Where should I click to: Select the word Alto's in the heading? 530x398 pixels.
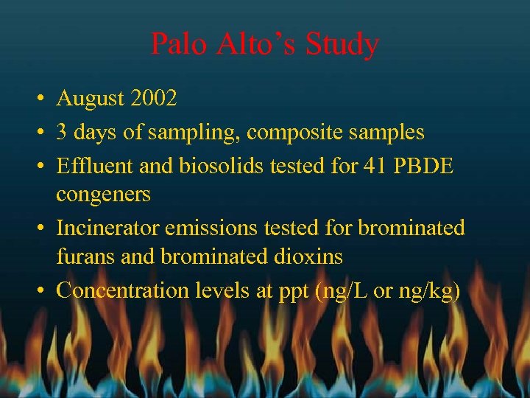258,44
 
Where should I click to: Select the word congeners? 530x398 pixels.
103,195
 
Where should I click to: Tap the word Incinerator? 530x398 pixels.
107,228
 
